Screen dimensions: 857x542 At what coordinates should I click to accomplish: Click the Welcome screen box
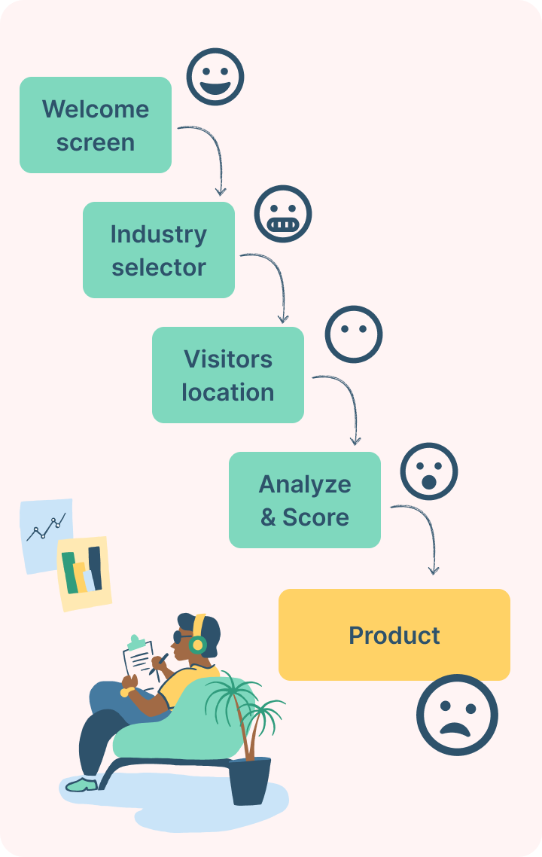click(x=96, y=125)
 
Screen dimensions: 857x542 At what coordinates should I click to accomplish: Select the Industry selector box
click(x=158, y=250)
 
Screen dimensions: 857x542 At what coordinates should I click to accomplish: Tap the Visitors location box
click(x=227, y=375)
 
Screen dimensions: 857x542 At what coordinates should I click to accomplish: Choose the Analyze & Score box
click(x=304, y=500)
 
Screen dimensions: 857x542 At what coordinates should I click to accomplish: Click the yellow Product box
click(x=394, y=635)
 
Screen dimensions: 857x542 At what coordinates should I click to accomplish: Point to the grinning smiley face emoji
click(x=215, y=77)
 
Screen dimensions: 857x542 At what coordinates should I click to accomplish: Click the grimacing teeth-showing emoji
click(x=282, y=214)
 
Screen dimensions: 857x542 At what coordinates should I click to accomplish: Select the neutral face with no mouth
click(x=353, y=334)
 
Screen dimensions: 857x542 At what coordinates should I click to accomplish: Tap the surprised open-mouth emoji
click(x=429, y=471)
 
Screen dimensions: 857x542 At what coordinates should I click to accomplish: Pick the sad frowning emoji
click(x=457, y=715)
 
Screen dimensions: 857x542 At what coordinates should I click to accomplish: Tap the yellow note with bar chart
click(x=84, y=572)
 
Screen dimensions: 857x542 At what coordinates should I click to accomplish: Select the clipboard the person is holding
click(x=139, y=659)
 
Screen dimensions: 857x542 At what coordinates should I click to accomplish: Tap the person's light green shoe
click(x=81, y=785)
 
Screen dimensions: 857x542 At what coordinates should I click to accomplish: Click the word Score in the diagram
click(x=315, y=517)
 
